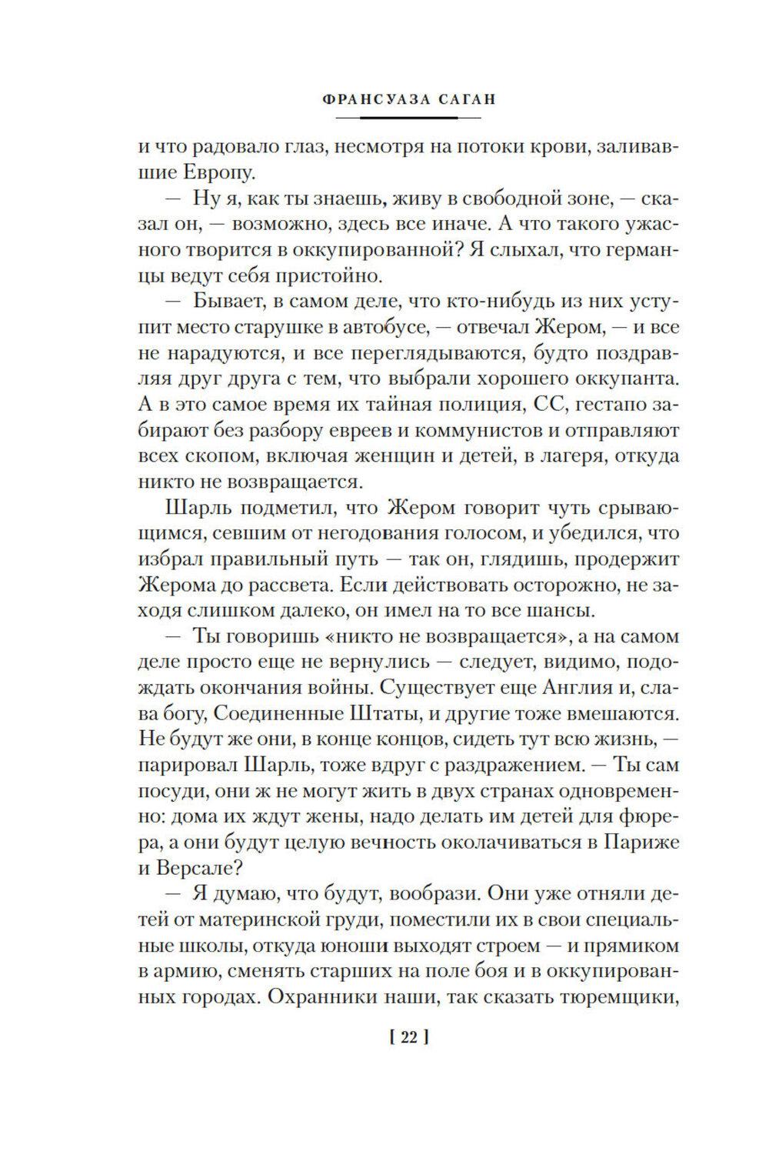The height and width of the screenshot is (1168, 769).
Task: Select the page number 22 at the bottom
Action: pos(408,1039)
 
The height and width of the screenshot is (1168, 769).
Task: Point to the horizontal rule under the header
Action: pos(408,117)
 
